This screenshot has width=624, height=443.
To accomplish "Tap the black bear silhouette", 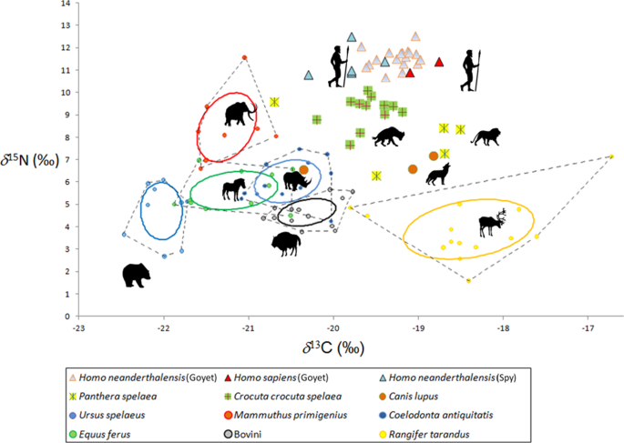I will pos(137,274).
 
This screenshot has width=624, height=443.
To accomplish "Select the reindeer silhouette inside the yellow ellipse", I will pos(492,222).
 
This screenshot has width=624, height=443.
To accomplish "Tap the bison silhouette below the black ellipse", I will pos(286,243).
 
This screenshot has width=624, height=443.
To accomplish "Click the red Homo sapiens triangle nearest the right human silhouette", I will pos(439,62).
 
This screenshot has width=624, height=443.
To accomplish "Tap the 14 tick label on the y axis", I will pos(64,4).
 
